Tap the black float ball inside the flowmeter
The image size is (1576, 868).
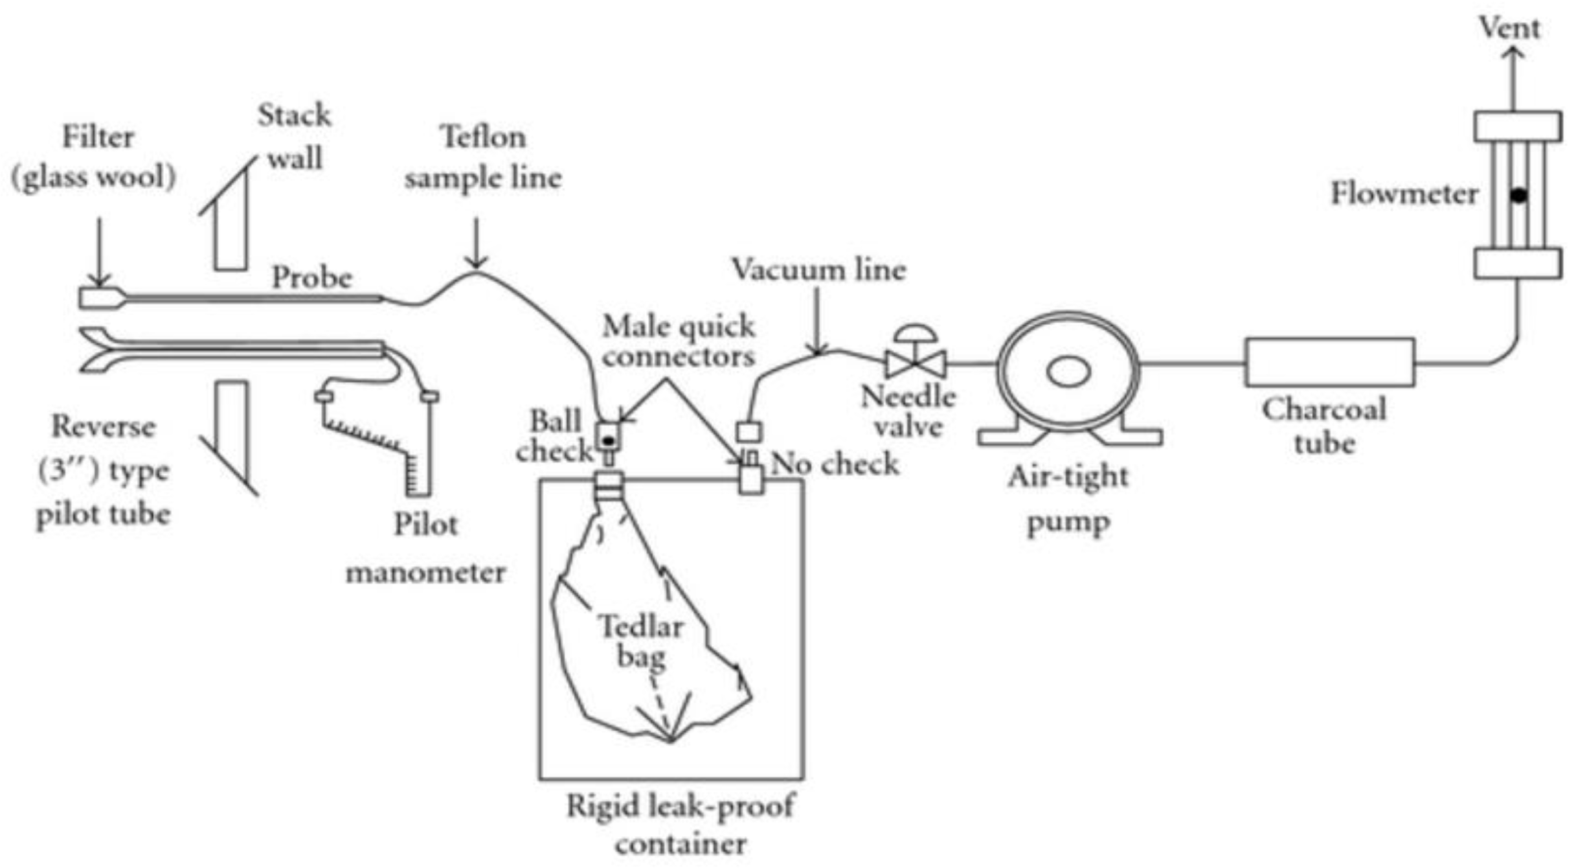1518,195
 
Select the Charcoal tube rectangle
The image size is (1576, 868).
1329,362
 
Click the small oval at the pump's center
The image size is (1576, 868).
1068,372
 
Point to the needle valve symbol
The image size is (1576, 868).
916,363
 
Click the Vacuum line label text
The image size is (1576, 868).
818,270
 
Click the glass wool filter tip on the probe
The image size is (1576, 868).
100,298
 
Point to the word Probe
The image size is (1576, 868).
311,278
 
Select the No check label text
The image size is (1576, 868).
835,464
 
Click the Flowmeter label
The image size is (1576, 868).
1404,194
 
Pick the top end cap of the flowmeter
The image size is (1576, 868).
1517,126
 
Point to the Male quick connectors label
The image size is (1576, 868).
679,341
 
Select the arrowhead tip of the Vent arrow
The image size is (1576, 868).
1513,49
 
